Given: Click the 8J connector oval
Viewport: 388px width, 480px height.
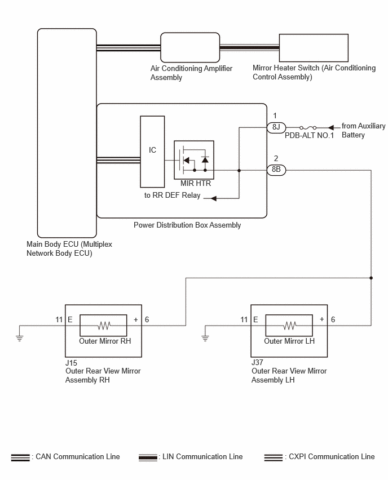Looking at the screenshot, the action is coord(276,127).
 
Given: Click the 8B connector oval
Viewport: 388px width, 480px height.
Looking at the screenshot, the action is coord(276,170).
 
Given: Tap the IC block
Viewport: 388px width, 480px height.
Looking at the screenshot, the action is coord(152,152).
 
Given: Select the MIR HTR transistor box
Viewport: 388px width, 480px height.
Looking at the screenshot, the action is coord(194,160).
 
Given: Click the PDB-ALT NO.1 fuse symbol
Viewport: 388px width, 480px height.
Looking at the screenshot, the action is coord(308,128).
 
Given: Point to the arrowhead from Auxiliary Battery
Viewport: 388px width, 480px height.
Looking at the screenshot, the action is coord(330,127).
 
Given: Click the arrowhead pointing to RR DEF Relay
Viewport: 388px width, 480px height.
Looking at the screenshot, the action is coord(214,198).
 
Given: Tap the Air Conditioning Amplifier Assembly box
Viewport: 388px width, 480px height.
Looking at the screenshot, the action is coord(190,47).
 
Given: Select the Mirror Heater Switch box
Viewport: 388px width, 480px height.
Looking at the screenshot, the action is coord(314,48).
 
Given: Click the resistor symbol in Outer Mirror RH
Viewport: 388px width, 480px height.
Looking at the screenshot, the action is coord(104,326).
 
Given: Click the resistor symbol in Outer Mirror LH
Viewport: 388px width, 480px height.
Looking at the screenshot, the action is coord(290,326).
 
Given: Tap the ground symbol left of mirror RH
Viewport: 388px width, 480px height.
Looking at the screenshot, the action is coord(19,338).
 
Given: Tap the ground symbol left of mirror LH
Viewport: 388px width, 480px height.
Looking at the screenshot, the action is coord(205,338).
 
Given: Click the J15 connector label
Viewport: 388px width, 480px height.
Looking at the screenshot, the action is coord(71,363).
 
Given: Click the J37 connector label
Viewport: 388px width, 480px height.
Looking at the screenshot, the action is coord(257,362).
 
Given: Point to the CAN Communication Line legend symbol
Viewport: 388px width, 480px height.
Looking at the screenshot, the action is coord(20,457).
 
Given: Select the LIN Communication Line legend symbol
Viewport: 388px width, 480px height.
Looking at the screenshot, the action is coord(148,457).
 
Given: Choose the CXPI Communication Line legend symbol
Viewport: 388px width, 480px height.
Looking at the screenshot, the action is coord(274,457).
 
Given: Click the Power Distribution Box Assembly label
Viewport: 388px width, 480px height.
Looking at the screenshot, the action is coord(187,225).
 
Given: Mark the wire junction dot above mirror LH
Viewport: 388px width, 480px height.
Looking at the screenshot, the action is coord(371,278).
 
